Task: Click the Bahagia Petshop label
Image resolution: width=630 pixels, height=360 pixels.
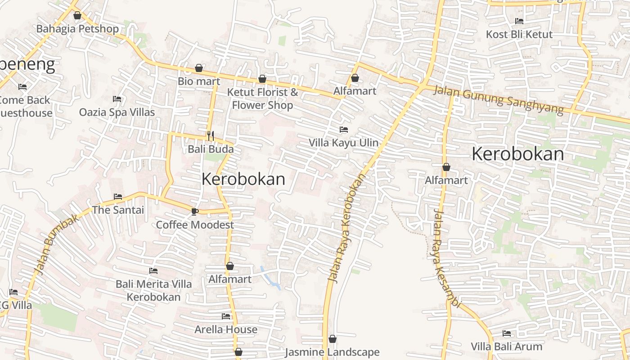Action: [77, 29]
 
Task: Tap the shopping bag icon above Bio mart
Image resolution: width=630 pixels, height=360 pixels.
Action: [198, 68]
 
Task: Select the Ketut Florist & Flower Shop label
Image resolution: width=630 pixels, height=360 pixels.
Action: [262, 99]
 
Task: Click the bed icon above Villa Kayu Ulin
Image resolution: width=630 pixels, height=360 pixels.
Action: [344, 130]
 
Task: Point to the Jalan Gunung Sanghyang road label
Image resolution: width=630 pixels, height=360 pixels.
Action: [498, 100]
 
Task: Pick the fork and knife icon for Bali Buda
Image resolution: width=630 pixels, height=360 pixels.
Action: [210, 135]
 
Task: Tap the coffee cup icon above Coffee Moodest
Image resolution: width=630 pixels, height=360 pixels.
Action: [194, 211]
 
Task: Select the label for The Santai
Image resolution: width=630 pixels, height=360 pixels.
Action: [118, 210]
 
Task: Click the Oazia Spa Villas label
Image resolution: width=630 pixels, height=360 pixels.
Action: [117, 112]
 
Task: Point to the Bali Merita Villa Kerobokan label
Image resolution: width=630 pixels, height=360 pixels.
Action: [153, 290]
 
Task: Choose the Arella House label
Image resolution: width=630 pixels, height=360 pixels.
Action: [226, 329]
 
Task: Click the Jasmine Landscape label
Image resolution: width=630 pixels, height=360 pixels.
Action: [332, 352]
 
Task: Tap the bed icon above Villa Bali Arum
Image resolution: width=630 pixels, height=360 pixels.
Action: [506, 333]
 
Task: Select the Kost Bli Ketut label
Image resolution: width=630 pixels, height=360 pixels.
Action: [519, 34]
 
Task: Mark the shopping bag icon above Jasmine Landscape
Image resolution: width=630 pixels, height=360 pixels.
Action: [333, 339]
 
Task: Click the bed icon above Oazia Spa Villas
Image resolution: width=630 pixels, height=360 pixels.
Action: [117, 99]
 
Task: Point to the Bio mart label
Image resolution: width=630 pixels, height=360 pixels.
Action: [199, 81]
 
